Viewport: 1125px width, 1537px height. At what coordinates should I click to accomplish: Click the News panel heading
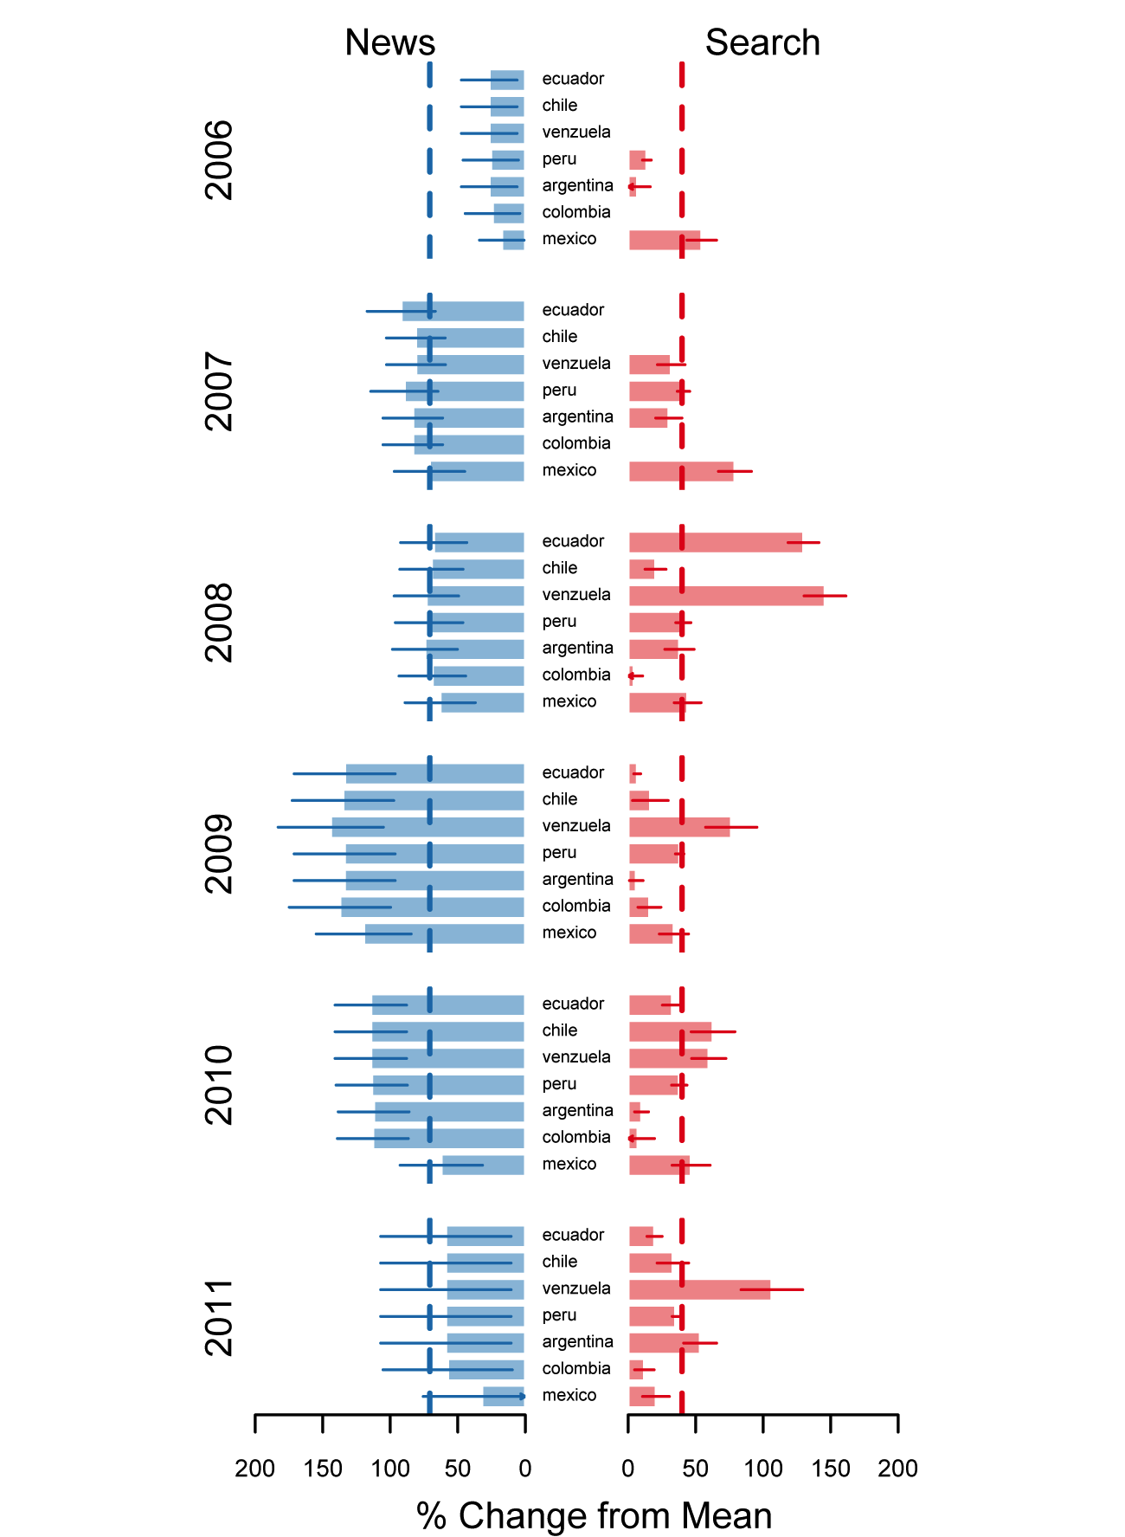click(389, 42)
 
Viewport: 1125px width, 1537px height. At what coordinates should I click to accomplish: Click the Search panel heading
click(762, 42)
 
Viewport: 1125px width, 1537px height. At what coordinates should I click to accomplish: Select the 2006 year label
click(219, 159)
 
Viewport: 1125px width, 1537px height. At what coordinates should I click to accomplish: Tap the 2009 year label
click(219, 853)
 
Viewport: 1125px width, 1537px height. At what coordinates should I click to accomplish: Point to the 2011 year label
click(219, 1316)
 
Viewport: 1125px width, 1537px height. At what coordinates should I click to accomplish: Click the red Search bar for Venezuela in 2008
click(726, 596)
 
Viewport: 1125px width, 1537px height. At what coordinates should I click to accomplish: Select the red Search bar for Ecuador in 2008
click(715, 542)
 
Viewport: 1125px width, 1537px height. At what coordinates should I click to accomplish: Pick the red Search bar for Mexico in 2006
click(664, 240)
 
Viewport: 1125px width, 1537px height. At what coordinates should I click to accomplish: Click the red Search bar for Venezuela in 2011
click(699, 1289)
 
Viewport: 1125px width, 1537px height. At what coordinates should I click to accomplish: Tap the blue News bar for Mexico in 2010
click(483, 1165)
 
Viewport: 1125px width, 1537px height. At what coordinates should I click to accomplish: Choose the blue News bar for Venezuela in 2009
click(427, 827)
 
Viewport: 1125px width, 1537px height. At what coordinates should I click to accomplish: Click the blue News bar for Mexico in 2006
click(514, 240)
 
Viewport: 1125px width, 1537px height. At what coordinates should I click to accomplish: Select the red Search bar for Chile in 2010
click(670, 1031)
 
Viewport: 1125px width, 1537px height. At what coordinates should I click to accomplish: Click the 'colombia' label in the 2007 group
click(576, 443)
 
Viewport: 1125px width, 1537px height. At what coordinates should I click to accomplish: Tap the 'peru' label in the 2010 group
click(559, 1084)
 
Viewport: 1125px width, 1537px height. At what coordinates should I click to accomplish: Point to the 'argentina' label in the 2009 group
click(577, 880)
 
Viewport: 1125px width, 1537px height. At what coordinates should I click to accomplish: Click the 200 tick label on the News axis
click(254, 1469)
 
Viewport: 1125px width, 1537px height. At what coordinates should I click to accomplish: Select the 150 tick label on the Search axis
click(830, 1469)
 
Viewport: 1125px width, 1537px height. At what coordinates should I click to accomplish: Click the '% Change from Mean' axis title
click(594, 1515)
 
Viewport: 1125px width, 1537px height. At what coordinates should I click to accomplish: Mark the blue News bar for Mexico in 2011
click(504, 1396)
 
